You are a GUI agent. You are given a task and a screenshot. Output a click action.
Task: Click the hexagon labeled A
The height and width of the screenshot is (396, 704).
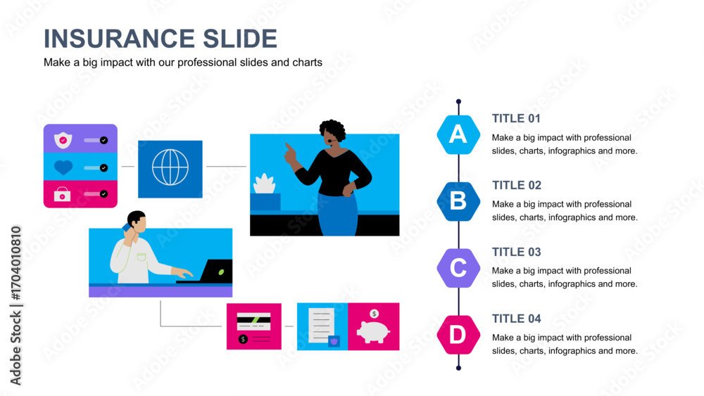(x=458, y=134)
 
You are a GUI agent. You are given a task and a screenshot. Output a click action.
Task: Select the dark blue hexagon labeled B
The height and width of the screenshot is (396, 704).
(x=458, y=201)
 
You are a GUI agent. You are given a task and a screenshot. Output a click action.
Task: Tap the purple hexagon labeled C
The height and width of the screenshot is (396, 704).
(x=458, y=268)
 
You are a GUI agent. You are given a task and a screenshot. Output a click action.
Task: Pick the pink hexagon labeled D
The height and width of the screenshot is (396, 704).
(x=458, y=335)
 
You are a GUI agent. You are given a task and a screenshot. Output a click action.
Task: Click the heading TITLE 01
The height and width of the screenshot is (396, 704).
(x=516, y=118)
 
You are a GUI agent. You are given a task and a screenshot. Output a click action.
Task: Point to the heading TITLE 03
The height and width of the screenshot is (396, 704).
(x=516, y=252)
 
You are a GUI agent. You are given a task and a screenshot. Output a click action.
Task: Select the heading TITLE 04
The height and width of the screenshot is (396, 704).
(x=516, y=319)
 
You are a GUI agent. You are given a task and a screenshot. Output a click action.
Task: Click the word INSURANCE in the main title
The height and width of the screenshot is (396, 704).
(x=119, y=39)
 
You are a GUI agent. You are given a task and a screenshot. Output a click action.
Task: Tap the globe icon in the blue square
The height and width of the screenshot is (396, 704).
(x=170, y=167)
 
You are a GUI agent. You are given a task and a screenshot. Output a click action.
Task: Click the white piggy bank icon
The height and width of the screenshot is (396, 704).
(x=373, y=332)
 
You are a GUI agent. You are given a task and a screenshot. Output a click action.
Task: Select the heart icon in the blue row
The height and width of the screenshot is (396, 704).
(x=63, y=167)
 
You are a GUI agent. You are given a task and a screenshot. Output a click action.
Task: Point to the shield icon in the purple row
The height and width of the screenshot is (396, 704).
(x=63, y=140)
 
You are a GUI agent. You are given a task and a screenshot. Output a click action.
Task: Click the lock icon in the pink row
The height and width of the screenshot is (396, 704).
(x=63, y=194)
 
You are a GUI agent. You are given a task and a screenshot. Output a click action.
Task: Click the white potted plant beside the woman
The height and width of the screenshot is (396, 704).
(x=265, y=184)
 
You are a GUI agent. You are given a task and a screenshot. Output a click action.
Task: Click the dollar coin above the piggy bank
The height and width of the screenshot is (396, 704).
(x=374, y=314)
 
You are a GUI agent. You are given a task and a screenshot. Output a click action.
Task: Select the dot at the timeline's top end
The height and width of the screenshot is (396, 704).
(x=458, y=102)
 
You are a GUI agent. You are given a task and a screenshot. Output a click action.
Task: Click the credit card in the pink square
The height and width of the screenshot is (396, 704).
(x=253, y=321)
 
